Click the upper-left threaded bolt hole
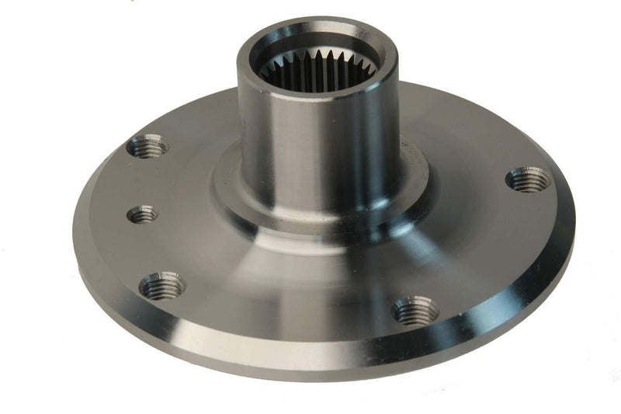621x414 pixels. point(147,145)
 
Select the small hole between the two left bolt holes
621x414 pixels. point(143,214)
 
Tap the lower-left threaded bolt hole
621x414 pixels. point(162,286)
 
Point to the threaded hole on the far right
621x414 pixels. point(528,180)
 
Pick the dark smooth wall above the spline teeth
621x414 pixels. point(318,48)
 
